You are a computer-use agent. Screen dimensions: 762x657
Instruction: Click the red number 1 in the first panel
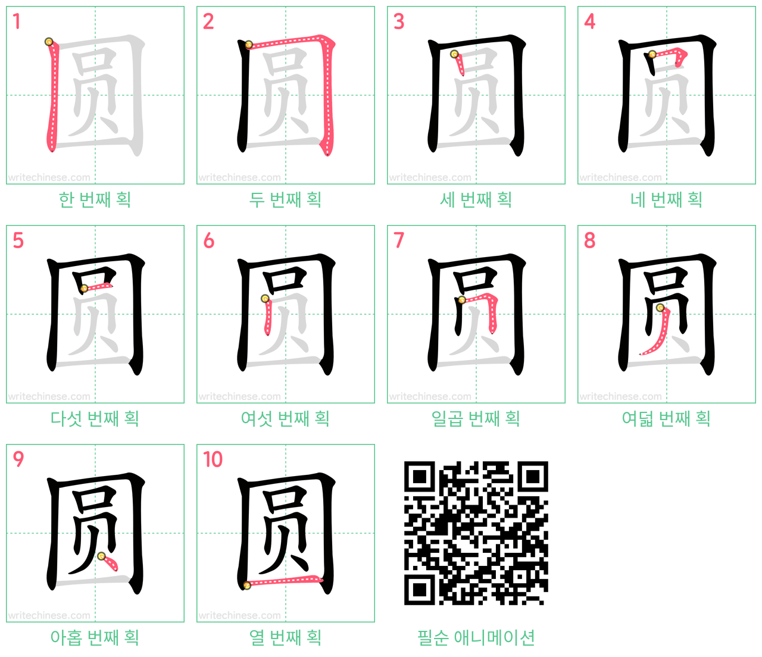[16, 21]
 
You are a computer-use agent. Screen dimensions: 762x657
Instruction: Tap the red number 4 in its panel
[589, 21]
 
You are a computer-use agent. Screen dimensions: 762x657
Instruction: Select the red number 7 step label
[399, 240]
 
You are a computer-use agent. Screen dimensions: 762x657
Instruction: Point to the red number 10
[213, 459]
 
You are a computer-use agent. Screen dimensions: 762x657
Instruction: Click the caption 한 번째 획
[95, 199]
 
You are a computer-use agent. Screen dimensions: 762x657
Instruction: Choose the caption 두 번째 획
[285, 199]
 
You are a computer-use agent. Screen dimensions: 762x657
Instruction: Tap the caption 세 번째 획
[476, 199]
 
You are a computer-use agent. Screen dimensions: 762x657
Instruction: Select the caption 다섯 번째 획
[95, 418]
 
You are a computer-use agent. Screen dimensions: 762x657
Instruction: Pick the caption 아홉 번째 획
[95, 637]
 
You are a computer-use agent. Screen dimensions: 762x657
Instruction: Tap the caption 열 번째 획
[285, 637]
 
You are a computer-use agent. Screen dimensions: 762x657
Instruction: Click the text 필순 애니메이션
[476, 637]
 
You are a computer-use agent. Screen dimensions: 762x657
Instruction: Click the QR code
[476, 533]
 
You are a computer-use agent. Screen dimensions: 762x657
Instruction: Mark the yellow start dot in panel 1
[49, 42]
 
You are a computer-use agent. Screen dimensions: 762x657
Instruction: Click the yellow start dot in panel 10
[247, 585]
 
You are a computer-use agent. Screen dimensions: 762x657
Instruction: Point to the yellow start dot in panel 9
[101, 556]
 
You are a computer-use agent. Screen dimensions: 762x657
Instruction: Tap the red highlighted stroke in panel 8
[658, 333]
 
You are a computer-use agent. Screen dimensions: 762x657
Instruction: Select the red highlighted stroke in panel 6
[267, 316]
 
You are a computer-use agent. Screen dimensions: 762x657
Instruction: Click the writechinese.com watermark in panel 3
[430, 177]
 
